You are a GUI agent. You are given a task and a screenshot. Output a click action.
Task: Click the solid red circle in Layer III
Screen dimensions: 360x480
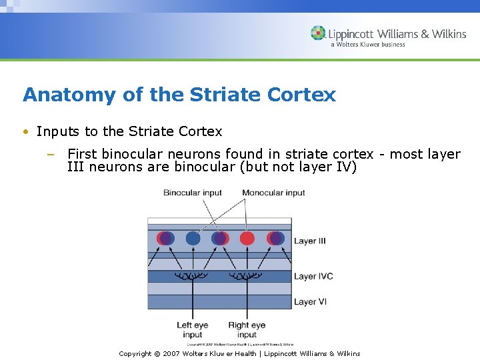coord(247,239)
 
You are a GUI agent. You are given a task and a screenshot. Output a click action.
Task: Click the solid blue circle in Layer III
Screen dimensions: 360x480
coord(193,239)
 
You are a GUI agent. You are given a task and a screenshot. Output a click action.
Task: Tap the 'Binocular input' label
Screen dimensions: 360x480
coord(193,193)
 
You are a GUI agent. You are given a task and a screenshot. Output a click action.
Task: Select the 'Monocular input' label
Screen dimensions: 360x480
coord(273,193)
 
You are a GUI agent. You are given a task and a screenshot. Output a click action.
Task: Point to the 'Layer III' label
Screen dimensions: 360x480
coord(310,241)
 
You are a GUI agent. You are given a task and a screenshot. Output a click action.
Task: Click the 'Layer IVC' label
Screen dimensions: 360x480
coord(313,276)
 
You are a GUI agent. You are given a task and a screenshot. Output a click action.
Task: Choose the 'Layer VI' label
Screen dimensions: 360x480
coord(309,302)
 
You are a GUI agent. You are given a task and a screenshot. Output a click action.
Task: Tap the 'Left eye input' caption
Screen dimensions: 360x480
coord(193,330)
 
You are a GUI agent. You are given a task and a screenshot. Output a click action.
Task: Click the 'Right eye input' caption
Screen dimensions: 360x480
coord(247,330)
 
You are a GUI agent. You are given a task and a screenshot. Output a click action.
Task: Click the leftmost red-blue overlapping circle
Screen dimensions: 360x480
coord(165,239)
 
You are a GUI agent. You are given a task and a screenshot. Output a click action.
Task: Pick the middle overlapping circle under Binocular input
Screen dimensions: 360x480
coord(220,239)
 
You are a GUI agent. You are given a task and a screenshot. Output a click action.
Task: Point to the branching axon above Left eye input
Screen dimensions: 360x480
coord(193,275)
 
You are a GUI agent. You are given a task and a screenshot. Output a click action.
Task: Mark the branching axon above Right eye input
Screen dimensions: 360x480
coord(247,275)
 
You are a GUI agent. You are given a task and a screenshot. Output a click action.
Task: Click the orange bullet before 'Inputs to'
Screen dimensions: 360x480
coord(25,132)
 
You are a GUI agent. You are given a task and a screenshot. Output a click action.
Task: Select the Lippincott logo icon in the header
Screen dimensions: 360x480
coord(318,33)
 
